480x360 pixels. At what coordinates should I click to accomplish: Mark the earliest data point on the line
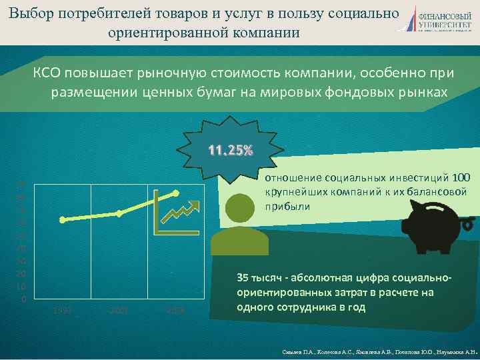click(62, 219)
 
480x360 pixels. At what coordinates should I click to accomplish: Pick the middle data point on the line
click(119, 213)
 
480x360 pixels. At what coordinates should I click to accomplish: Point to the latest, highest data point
click(176, 193)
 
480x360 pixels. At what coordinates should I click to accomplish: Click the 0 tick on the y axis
click(23, 299)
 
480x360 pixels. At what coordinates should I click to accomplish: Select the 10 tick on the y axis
click(22, 287)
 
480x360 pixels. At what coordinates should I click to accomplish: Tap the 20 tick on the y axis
click(22, 274)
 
